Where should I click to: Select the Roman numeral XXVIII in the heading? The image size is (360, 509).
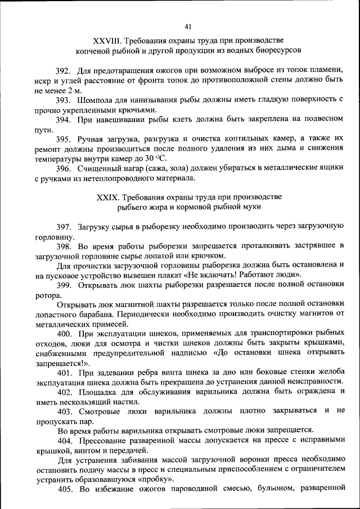tap(107, 41)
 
